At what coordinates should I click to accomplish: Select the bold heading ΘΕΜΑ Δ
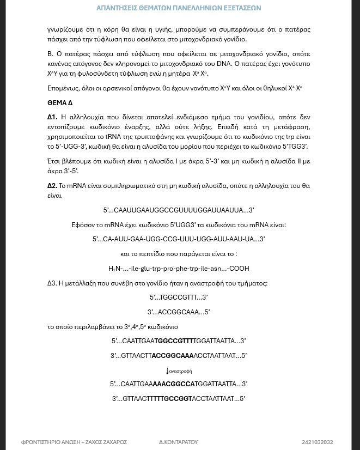(x=60, y=103)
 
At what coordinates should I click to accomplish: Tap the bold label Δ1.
(x=52, y=117)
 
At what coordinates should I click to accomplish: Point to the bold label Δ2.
(x=52, y=186)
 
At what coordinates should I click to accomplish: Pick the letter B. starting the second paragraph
(x=50, y=54)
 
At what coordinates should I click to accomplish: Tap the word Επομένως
(x=64, y=88)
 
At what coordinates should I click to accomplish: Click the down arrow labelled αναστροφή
(x=168, y=371)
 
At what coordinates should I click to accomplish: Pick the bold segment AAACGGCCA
(x=173, y=384)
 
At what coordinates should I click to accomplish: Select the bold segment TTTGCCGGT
(x=172, y=399)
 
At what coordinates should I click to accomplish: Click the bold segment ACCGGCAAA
(x=172, y=356)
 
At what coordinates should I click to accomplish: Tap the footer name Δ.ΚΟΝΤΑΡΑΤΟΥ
(x=178, y=442)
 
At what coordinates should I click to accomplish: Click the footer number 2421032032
(x=317, y=442)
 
